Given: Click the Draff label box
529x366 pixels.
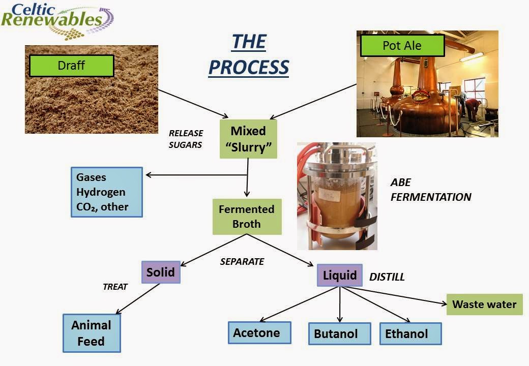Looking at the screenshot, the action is coord(72,66).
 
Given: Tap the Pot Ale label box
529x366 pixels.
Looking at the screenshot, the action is coord(402,46).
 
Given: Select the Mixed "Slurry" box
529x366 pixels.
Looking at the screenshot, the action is coord(248,139).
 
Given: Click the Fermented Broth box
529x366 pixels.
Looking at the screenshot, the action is coord(247,217).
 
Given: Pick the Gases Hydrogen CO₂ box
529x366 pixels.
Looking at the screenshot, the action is coord(107,192).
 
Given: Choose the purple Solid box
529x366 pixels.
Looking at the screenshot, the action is coord(161,272).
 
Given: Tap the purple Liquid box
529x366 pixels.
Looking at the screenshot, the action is coord(340,276).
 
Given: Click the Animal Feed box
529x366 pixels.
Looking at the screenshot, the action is coord(92,333).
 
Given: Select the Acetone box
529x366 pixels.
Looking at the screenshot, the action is coord(259,333).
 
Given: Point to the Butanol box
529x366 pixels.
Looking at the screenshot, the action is coord(340,333).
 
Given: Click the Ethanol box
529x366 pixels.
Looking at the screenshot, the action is coord(410,333).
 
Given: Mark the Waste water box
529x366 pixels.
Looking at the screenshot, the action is coord(484,304).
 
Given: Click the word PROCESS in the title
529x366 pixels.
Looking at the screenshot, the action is coord(249,67).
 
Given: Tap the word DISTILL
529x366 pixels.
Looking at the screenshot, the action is coord(387,277).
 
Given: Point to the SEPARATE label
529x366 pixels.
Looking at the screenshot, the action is coord(242,261).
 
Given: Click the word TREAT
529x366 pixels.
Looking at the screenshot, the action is coord(115,287).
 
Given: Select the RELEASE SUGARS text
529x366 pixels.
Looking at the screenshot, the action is coord(186,139).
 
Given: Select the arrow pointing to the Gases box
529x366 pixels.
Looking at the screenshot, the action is coord(196,175).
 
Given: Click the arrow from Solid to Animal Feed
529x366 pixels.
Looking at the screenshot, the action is coord(138,298).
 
